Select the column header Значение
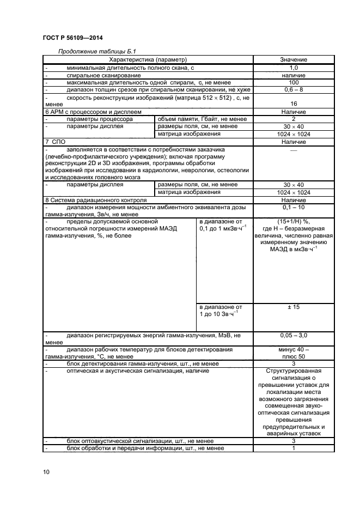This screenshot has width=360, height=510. pyautogui.click(x=294, y=59)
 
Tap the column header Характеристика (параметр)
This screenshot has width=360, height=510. pyautogui.click(x=148, y=59)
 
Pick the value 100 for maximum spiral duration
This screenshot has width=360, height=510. pyautogui.click(x=294, y=82)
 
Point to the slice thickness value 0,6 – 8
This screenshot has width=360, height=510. pyautogui.click(x=294, y=89)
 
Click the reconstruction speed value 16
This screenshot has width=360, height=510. pyautogui.click(x=294, y=104)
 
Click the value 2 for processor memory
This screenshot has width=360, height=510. pyautogui.click(x=294, y=119)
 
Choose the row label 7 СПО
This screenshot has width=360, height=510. pyautogui.click(x=55, y=142)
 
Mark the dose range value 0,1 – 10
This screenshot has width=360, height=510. pyautogui.click(x=294, y=208)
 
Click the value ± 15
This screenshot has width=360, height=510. pyautogui.click(x=294, y=307)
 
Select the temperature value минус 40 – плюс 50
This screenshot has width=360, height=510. pyautogui.click(x=294, y=353)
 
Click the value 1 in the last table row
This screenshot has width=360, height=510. pyautogui.click(x=294, y=448)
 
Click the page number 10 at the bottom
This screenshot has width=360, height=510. pyautogui.click(x=46, y=472)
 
